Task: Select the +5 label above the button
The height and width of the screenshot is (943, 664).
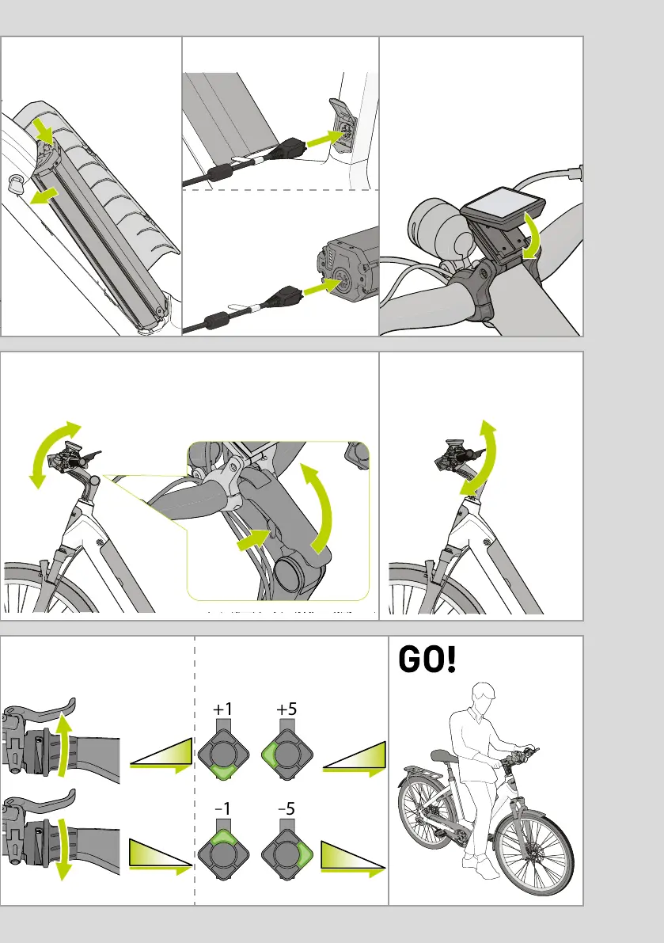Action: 286,709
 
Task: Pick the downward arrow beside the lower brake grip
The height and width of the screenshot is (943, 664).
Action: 63,847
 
